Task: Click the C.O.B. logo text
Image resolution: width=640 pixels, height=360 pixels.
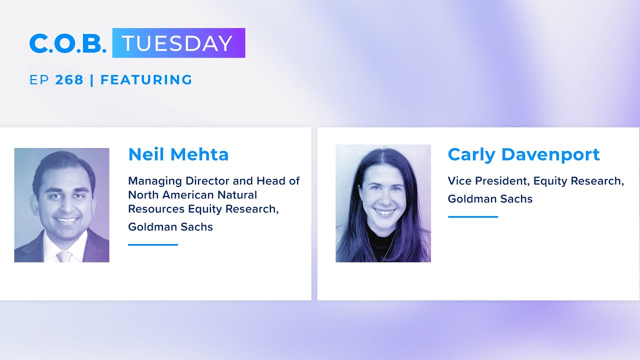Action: (x=67, y=43)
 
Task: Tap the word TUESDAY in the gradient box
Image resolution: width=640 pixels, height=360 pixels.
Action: (x=177, y=43)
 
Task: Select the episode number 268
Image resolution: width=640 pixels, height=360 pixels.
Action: (x=69, y=80)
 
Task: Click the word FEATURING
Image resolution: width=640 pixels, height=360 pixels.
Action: (x=146, y=80)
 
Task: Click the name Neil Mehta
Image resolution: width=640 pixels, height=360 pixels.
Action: (x=178, y=154)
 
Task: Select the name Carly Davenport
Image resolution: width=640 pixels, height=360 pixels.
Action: (x=523, y=154)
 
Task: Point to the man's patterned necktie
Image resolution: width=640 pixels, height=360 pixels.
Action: (x=63, y=256)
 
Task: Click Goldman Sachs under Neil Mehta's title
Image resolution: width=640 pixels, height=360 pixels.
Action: (x=170, y=227)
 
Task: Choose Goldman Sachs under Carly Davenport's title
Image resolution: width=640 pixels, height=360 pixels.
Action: (x=490, y=199)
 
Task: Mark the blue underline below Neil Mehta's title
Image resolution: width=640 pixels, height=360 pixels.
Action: (x=153, y=244)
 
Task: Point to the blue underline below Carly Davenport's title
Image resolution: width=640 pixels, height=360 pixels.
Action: (x=472, y=216)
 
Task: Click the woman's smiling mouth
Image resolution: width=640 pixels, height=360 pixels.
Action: (x=384, y=212)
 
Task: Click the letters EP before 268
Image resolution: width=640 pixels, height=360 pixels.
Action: (x=39, y=80)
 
